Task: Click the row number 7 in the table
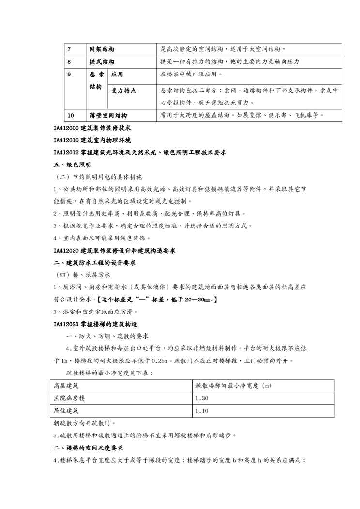pyautogui.click(x=69, y=49)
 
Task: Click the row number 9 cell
pyautogui.click(x=69, y=75)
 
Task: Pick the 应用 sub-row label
pyautogui.click(x=117, y=75)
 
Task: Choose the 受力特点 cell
pyautogui.click(x=123, y=90)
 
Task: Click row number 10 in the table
pyautogui.click(x=71, y=116)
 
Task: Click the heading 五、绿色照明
pyautogui.click(x=72, y=165)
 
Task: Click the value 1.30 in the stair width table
pyautogui.click(x=202, y=398)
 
